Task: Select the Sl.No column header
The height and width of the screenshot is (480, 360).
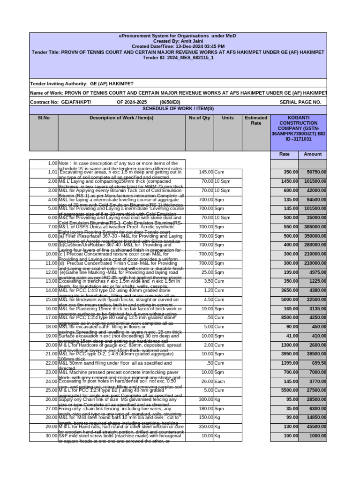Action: click(44, 118)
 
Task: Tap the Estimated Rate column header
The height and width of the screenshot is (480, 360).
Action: click(256, 120)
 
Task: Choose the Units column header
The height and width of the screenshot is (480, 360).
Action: click(227, 118)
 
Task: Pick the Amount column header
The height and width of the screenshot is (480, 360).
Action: click(313, 154)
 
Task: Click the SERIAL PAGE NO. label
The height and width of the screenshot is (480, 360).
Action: click(300, 102)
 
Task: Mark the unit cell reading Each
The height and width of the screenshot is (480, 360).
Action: click(220, 382)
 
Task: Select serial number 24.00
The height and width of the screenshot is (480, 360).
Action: click(50, 382)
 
